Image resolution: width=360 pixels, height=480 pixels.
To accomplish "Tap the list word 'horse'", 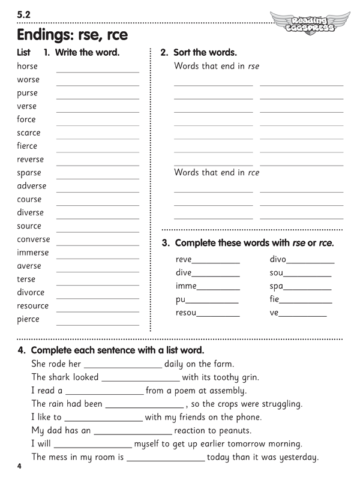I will [27, 66].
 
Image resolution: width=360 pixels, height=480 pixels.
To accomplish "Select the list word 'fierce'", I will [27, 146].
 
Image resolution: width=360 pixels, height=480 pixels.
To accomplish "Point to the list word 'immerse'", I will [32, 253].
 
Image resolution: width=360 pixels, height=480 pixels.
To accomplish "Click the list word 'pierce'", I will [28, 319].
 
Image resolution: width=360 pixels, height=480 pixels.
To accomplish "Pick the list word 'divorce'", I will [31, 292].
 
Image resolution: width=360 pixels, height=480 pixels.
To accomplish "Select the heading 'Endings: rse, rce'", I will [73, 35].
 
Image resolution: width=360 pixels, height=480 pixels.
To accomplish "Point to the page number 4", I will [20, 466].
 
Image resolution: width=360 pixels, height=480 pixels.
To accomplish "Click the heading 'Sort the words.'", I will [205, 52].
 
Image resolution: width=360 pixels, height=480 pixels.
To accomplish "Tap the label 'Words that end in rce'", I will [217, 172].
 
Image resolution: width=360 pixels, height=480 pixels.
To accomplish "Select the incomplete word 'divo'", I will [278, 260].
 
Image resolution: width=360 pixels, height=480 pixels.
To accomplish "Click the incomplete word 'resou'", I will [186, 313].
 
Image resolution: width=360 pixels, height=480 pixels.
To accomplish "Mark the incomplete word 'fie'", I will [275, 299].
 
